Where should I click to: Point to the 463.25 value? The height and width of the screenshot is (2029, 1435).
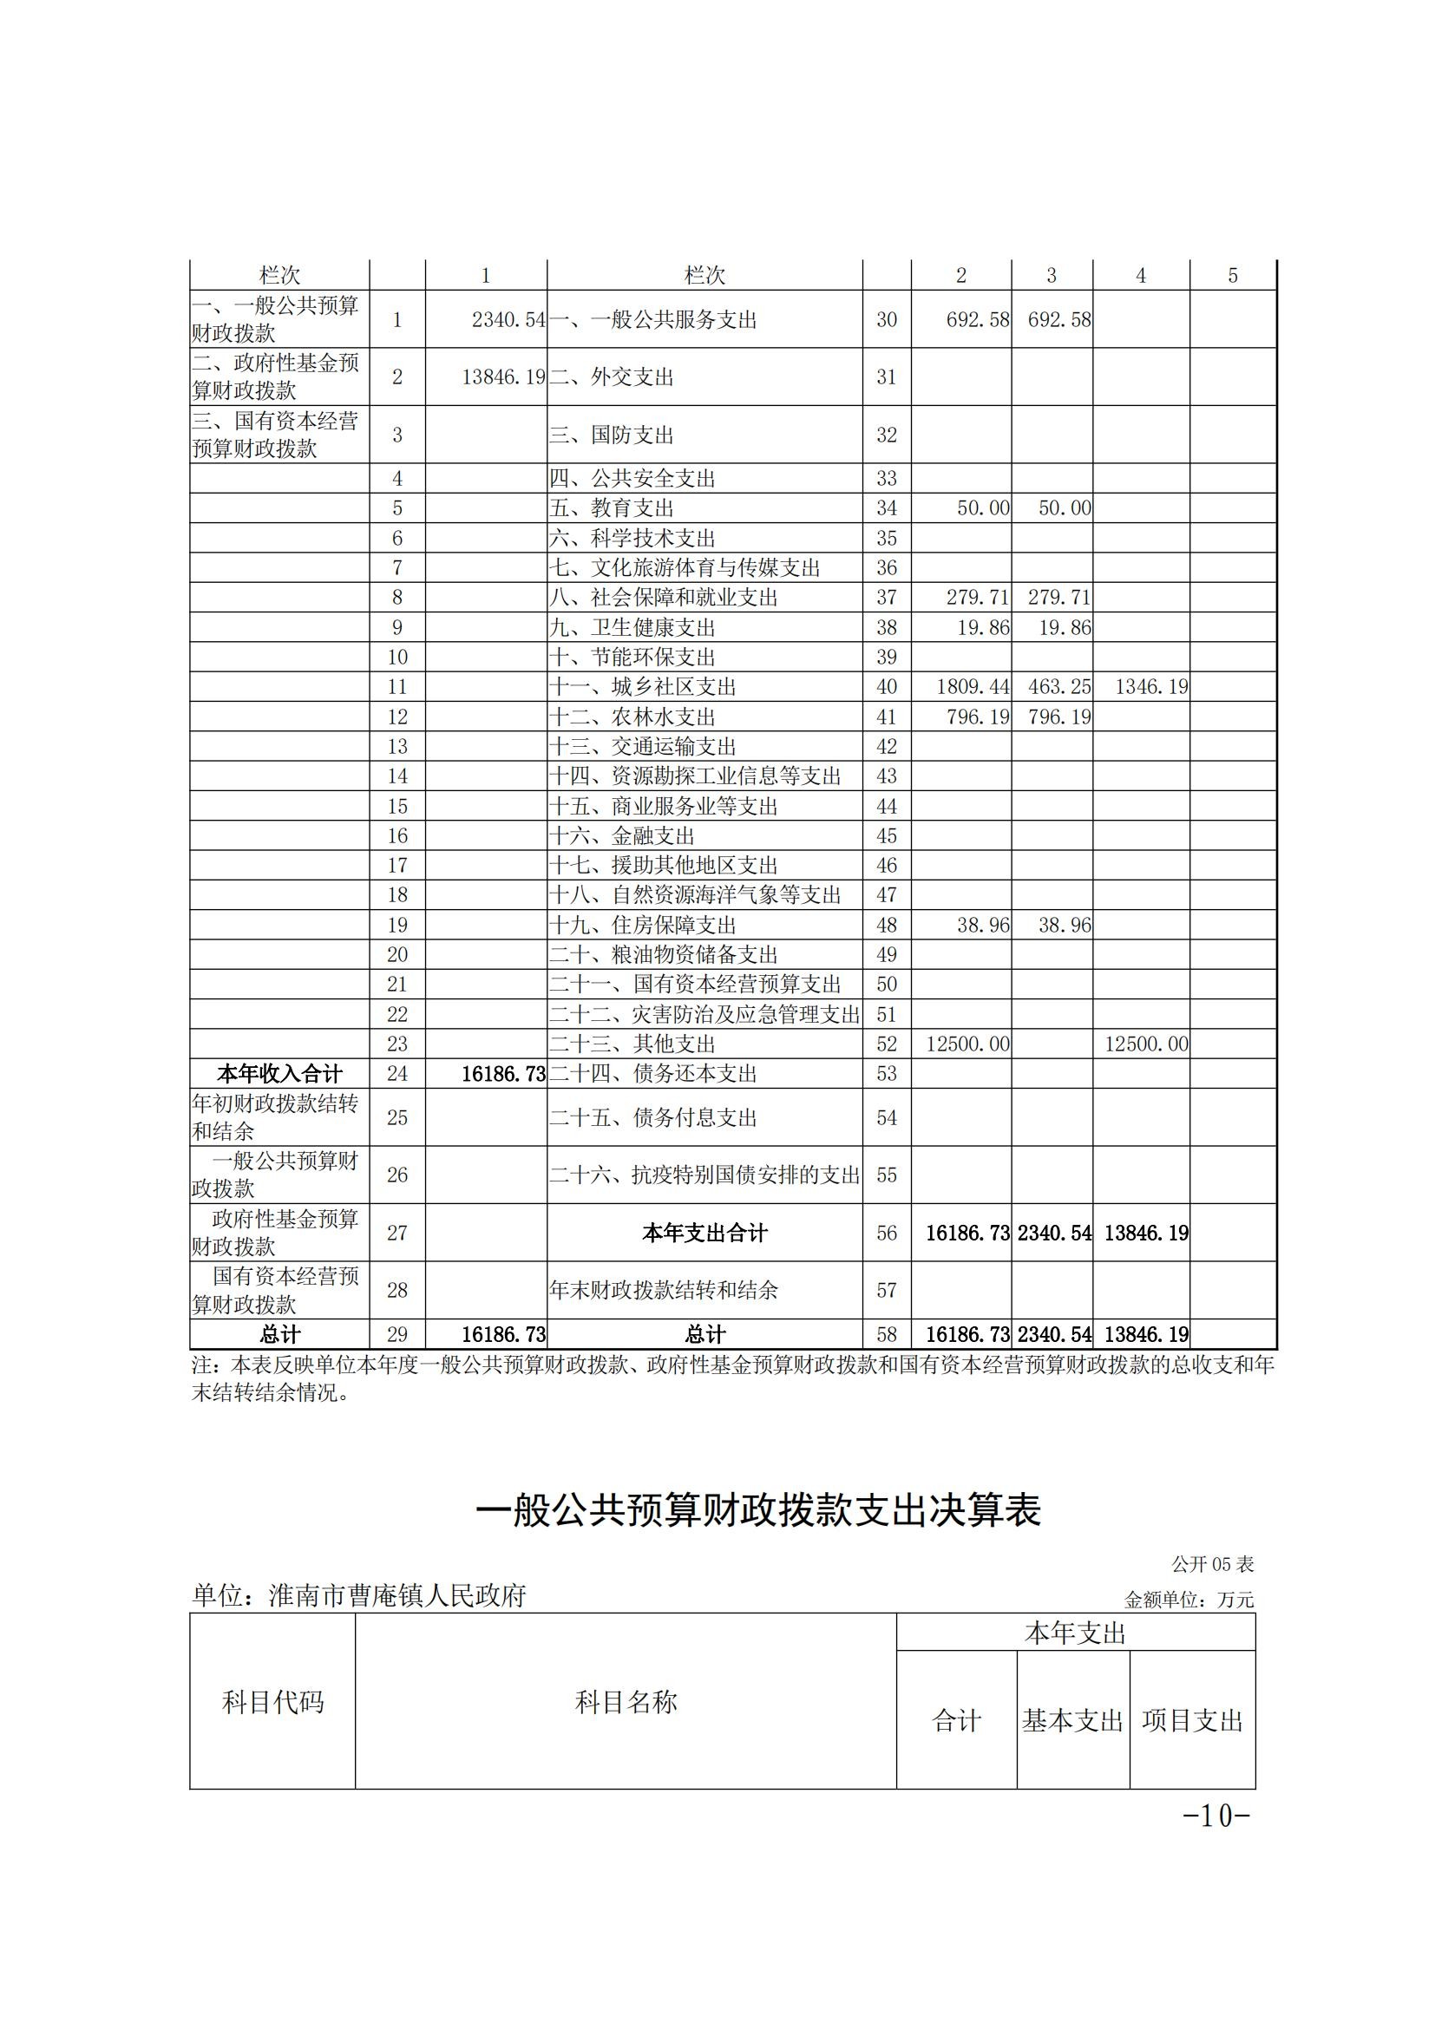(1058, 687)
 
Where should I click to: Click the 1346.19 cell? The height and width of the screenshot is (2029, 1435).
(1150, 687)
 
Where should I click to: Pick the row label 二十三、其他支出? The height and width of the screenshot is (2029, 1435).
(632, 1044)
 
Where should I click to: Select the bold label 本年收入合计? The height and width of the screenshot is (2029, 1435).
(279, 1074)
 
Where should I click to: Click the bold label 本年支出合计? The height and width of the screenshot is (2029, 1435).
(704, 1233)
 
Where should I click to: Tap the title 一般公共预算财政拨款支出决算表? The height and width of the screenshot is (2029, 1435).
(758, 1510)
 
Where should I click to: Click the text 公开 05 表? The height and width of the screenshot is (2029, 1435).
(1212, 1564)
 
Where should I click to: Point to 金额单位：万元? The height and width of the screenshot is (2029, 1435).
(1189, 1599)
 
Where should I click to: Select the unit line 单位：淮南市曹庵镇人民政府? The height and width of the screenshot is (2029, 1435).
(359, 1595)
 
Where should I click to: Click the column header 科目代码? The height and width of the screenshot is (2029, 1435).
(272, 1702)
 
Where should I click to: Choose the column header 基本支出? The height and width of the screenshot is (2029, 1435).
(1072, 1720)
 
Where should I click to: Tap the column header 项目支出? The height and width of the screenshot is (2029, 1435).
(1192, 1720)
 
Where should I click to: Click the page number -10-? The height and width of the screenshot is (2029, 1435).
(1216, 1815)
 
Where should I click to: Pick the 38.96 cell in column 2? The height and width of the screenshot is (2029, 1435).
(983, 926)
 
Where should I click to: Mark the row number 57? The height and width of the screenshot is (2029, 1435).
(887, 1290)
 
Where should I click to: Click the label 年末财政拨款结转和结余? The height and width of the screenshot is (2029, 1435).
(663, 1290)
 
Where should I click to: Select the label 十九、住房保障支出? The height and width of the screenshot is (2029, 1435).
(642, 926)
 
